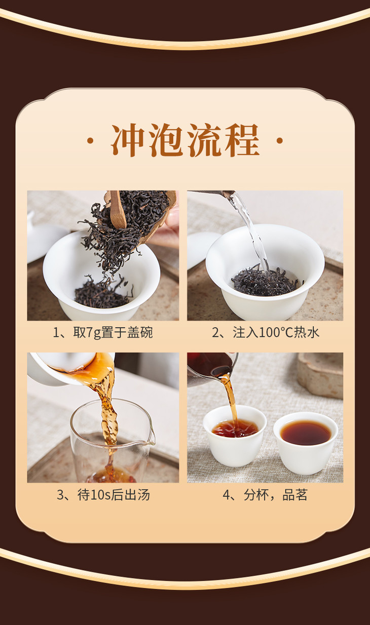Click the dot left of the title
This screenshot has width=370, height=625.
90,141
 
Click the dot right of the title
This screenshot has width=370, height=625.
279,141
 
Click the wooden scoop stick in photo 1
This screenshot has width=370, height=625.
117,209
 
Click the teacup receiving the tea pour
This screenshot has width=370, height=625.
235,436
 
